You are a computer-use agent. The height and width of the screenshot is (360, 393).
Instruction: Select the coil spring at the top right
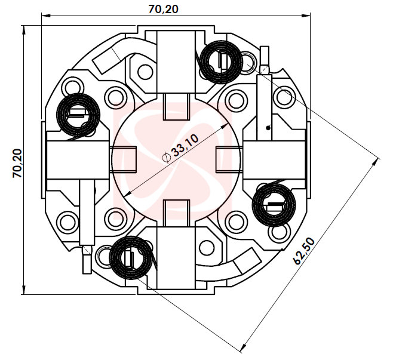coord(220,61)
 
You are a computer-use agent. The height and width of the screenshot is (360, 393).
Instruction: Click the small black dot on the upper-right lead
coord(268,127)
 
